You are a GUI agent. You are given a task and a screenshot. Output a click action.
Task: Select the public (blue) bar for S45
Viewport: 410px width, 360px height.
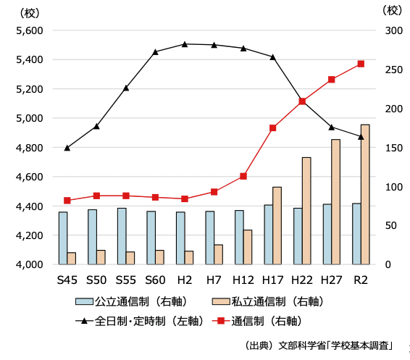pyautogui.click(x=63, y=238)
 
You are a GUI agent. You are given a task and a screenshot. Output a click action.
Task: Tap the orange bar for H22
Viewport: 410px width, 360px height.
pyautogui.click(x=306, y=211)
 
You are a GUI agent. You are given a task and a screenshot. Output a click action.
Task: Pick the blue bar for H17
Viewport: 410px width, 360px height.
pyautogui.click(x=268, y=235)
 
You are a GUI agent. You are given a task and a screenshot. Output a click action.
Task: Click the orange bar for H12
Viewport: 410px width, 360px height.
pyautogui.click(x=248, y=247)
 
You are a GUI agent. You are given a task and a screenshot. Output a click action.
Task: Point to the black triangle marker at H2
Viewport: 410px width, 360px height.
pyautogui.click(x=185, y=44)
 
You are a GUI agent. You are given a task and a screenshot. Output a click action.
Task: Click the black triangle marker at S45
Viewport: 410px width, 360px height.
pyautogui.click(x=67, y=148)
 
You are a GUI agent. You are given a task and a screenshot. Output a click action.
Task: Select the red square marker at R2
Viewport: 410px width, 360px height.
pyautogui.click(x=361, y=64)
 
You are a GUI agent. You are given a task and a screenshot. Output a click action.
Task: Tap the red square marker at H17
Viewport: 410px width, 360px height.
pyautogui.click(x=273, y=128)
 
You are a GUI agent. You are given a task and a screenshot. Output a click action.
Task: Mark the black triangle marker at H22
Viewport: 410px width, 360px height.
pyautogui.click(x=302, y=100)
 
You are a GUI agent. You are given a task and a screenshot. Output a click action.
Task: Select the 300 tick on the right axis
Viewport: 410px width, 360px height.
pyautogui.click(x=393, y=30)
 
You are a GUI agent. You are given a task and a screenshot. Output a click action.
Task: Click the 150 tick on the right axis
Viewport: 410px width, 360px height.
pyautogui.click(x=393, y=148)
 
